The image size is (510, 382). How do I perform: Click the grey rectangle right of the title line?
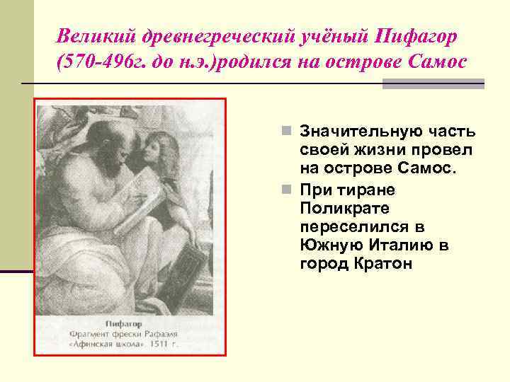click(433, 83)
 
